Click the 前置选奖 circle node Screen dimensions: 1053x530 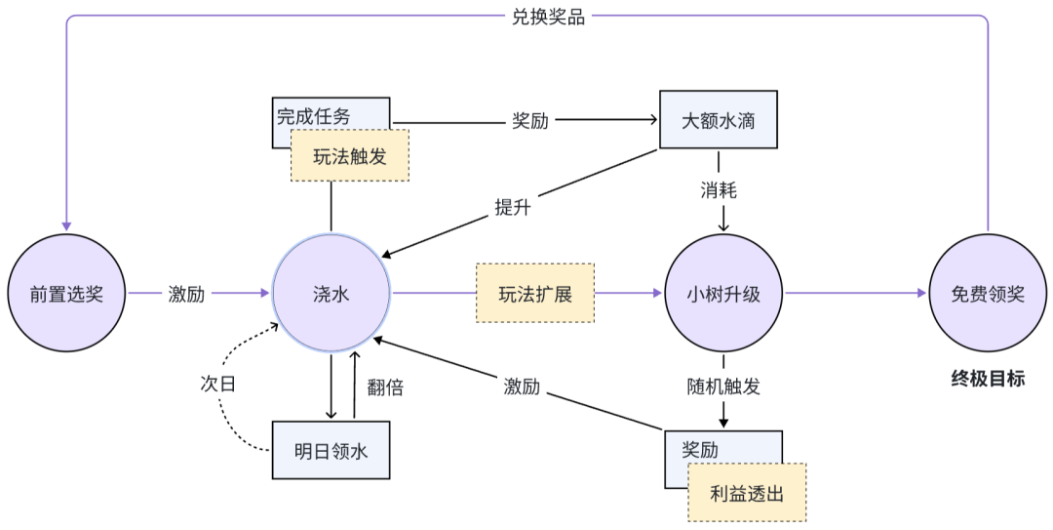(66, 293)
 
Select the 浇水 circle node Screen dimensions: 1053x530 (331, 293)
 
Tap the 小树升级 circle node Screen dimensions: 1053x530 (723, 293)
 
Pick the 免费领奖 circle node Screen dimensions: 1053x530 (988, 293)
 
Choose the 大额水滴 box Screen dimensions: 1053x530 (719, 120)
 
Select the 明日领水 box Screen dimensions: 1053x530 (331, 451)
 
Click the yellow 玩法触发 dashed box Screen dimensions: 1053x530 (350, 156)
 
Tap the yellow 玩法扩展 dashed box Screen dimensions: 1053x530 (535, 293)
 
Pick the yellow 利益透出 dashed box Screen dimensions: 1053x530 (747, 493)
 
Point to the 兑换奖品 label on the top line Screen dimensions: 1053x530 (549, 17)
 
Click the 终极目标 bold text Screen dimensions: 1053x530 (988, 379)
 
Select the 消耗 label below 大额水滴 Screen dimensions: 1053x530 (719, 190)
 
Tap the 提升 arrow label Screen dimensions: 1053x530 (513, 207)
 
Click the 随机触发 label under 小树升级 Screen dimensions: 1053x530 (723, 387)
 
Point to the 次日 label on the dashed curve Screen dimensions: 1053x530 (218, 384)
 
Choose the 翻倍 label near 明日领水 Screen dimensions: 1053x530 (385, 387)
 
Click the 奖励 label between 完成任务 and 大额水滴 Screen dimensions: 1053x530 (530, 120)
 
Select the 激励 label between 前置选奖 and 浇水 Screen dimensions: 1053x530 (186, 294)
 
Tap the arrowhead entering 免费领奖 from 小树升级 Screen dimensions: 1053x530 (922, 293)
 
